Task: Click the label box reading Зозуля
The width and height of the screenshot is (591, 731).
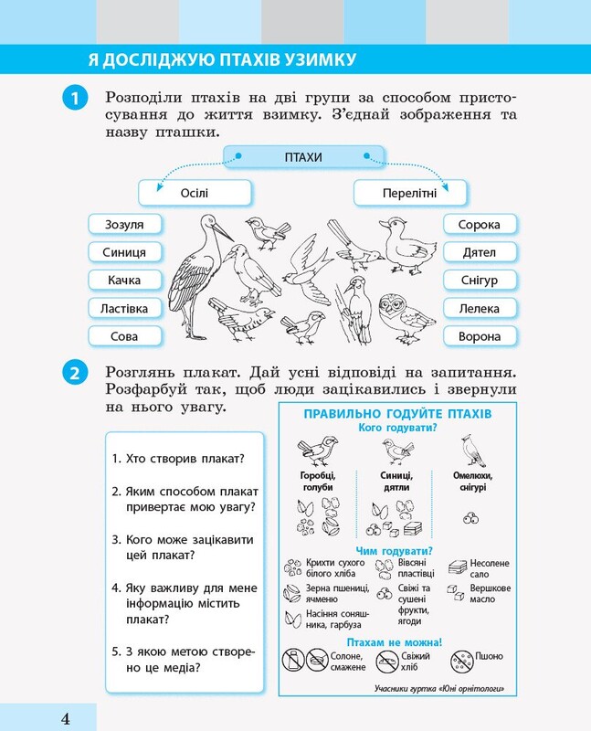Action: pyautogui.click(x=124, y=224)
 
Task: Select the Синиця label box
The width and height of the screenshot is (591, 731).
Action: pyautogui.click(x=124, y=252)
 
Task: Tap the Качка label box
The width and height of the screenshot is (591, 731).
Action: pyautogui.click(x=124, y=281)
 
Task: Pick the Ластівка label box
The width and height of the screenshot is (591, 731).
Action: pyautogui.click(x=124, y=308)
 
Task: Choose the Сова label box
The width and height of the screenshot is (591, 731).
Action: pyautogui.click(x=124, y=336)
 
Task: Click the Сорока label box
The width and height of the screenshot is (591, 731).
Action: pyautogui.click(x=480, y=224)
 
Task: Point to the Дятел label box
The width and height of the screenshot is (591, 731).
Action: pyautogui.click(x=480, y=252)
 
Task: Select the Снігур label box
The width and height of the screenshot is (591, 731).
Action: pyautogui.click(x=480, y=281)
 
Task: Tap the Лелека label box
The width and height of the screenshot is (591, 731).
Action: pyautogui.click(x=480, y=308)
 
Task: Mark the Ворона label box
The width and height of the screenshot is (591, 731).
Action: pyautogui.click(x=480, y=336)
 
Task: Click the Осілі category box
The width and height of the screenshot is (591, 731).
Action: pyautogui.click(x=195, y=193)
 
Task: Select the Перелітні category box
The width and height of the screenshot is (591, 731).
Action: pyautogui.click(x=410, y=193)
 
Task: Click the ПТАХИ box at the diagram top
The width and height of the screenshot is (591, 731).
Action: pyautogui.click(x=303, y=156)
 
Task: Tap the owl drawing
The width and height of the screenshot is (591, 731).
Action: pyautogui.click(x=405, y=318)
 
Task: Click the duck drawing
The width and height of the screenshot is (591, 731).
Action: pyautogui.click(x=406, y=244)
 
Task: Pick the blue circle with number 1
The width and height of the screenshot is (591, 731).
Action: pyautogui.click(x=75, y=99)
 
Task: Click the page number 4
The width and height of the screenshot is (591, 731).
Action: pyautogui.click(x=66, y=718)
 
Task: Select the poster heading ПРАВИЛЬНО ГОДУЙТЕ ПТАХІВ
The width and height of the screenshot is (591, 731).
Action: pyautogui.click(x=397, y=414)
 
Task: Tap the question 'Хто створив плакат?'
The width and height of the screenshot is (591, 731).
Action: pyautogui.click(x=178, y=459)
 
